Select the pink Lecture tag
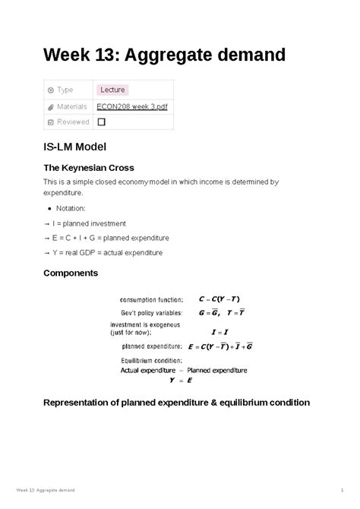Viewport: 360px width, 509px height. pos(112,90)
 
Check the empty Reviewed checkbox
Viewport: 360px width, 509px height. pos(102,122)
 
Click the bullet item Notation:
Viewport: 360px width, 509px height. pos(74,207)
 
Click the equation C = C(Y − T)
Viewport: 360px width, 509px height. pos(223,299)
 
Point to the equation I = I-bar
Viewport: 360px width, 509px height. pos(223,331)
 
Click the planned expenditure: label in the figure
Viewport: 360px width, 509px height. pos(151,346)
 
